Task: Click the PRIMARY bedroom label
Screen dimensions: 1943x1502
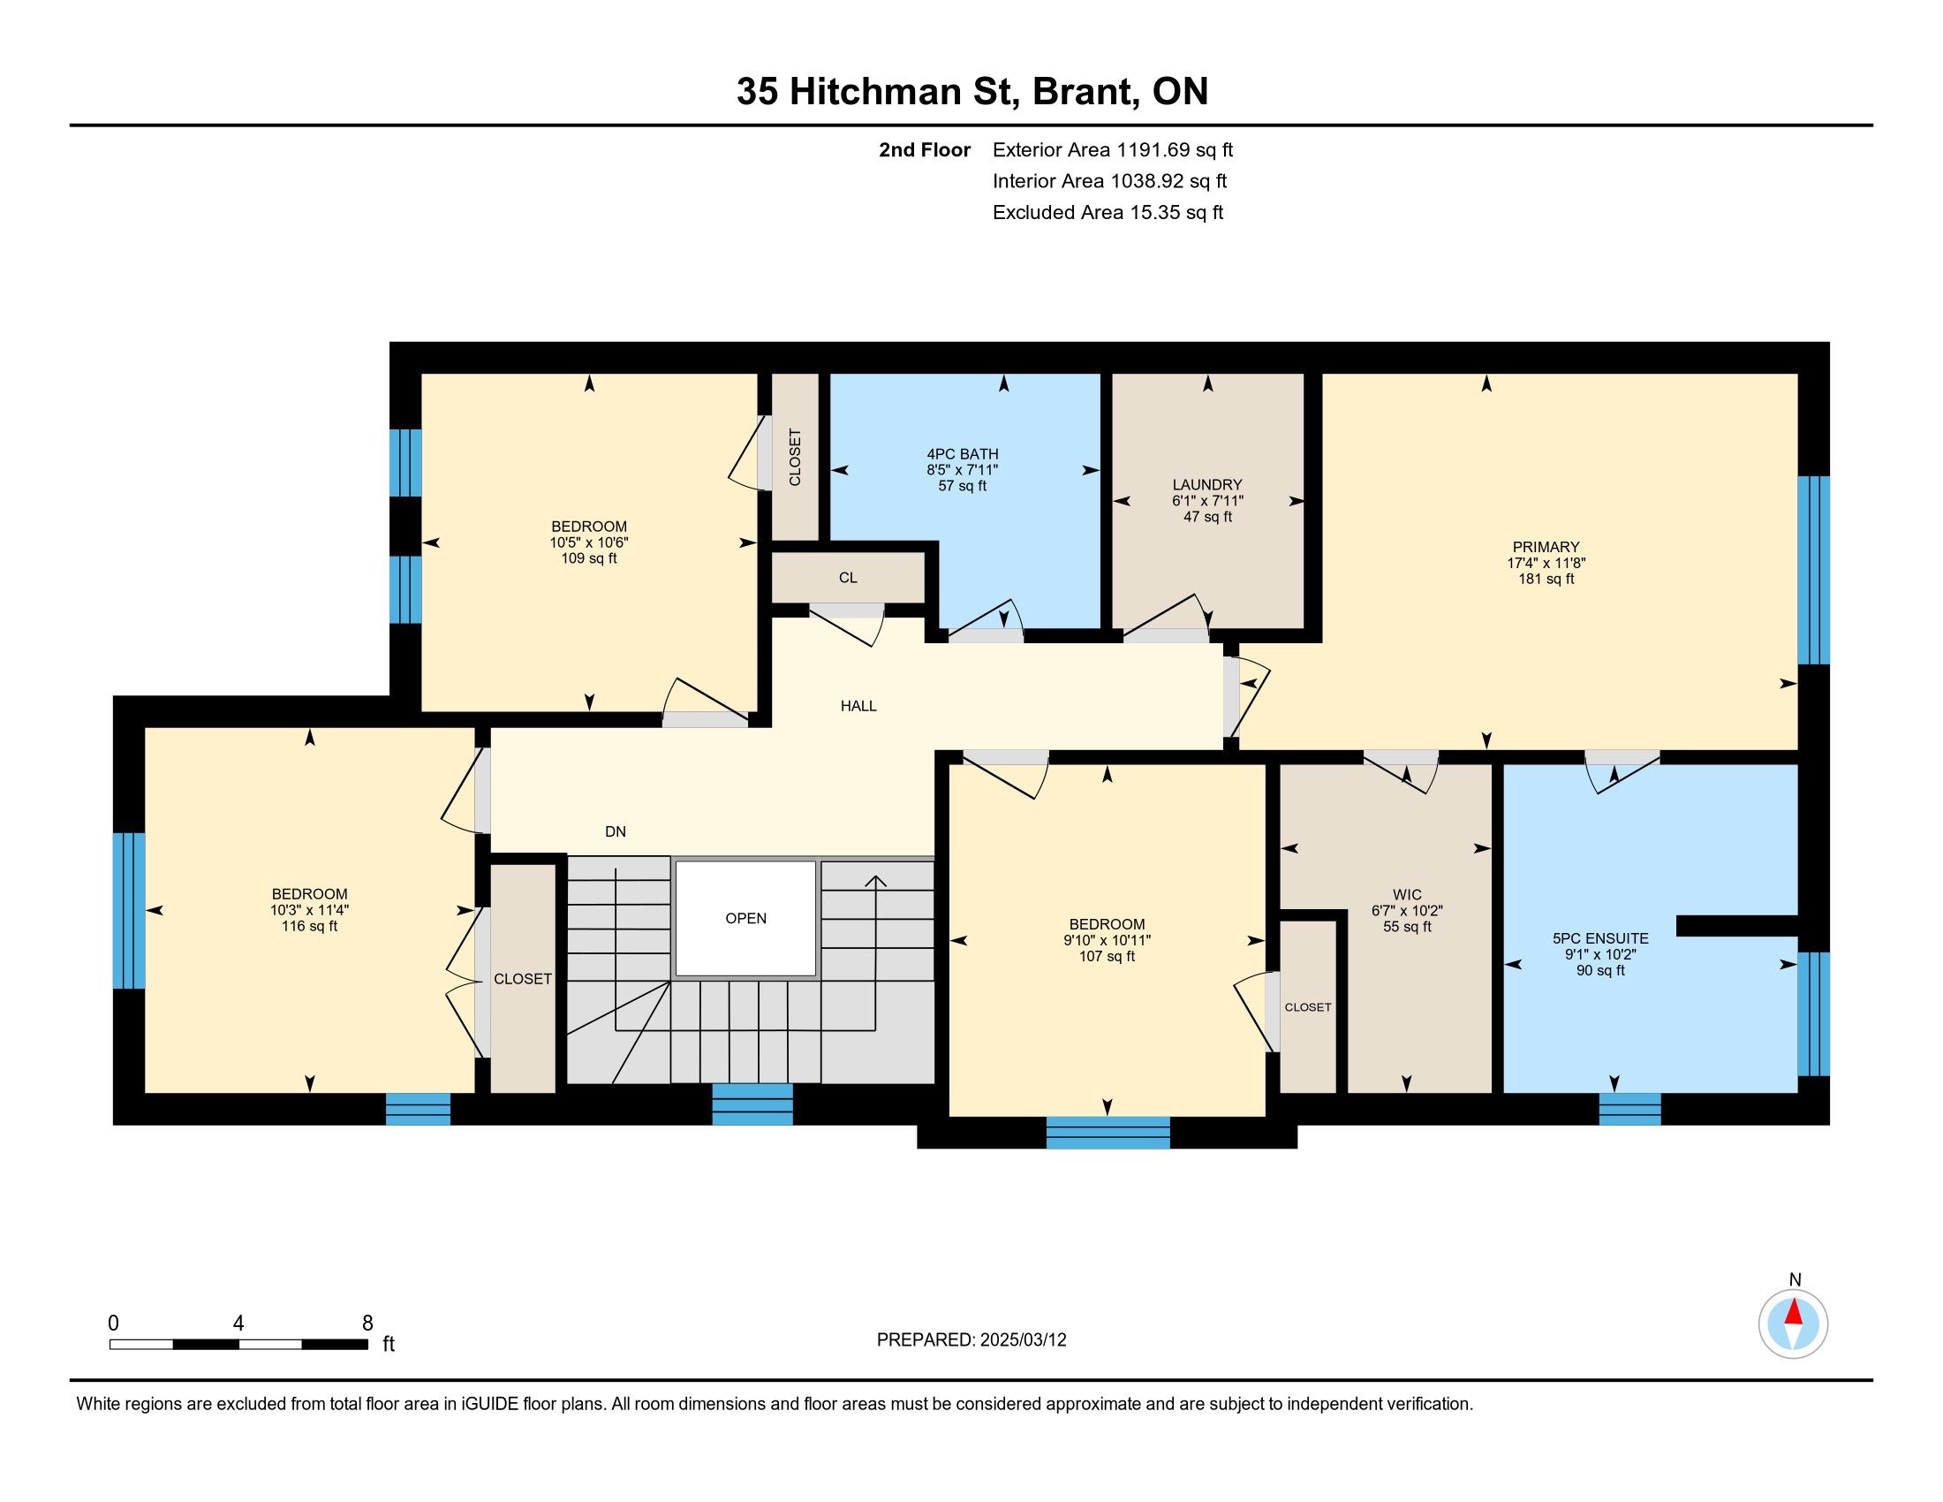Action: (x=1546, y=547)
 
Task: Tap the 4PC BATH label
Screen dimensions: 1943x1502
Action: (x=963, y=455)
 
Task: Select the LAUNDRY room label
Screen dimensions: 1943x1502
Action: (x=1207, y=485)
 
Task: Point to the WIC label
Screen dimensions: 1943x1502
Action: (x=1408, y=894)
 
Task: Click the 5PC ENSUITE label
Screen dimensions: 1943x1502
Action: (x=1600, y=937)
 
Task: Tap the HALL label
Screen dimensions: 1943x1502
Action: (x=858, y=706)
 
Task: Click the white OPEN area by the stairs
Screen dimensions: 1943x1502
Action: (x=745, y=918)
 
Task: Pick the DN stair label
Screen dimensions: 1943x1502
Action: (x=616, y=831)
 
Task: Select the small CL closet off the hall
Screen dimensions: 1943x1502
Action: (x=848, y=578)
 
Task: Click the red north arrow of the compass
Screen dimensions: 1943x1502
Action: (x=1794, y=1312)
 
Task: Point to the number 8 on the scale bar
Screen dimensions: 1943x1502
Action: (x=367, y=1324)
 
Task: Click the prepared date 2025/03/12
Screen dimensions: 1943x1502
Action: (x=1022, y=1340)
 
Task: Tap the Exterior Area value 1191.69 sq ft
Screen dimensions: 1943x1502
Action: (x=1175, y=149)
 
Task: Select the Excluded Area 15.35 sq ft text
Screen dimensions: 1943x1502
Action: (x=1108, y=212)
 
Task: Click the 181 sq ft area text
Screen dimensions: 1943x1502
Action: (x=1546, y=579)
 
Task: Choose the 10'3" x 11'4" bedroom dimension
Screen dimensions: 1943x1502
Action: (x=310, y=910)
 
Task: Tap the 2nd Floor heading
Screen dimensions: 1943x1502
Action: (x=925, y=149)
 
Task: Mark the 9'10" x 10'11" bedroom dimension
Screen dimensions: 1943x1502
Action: (x=1108, y=941)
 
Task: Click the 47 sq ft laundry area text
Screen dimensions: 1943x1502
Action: (x=1207, y=516)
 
